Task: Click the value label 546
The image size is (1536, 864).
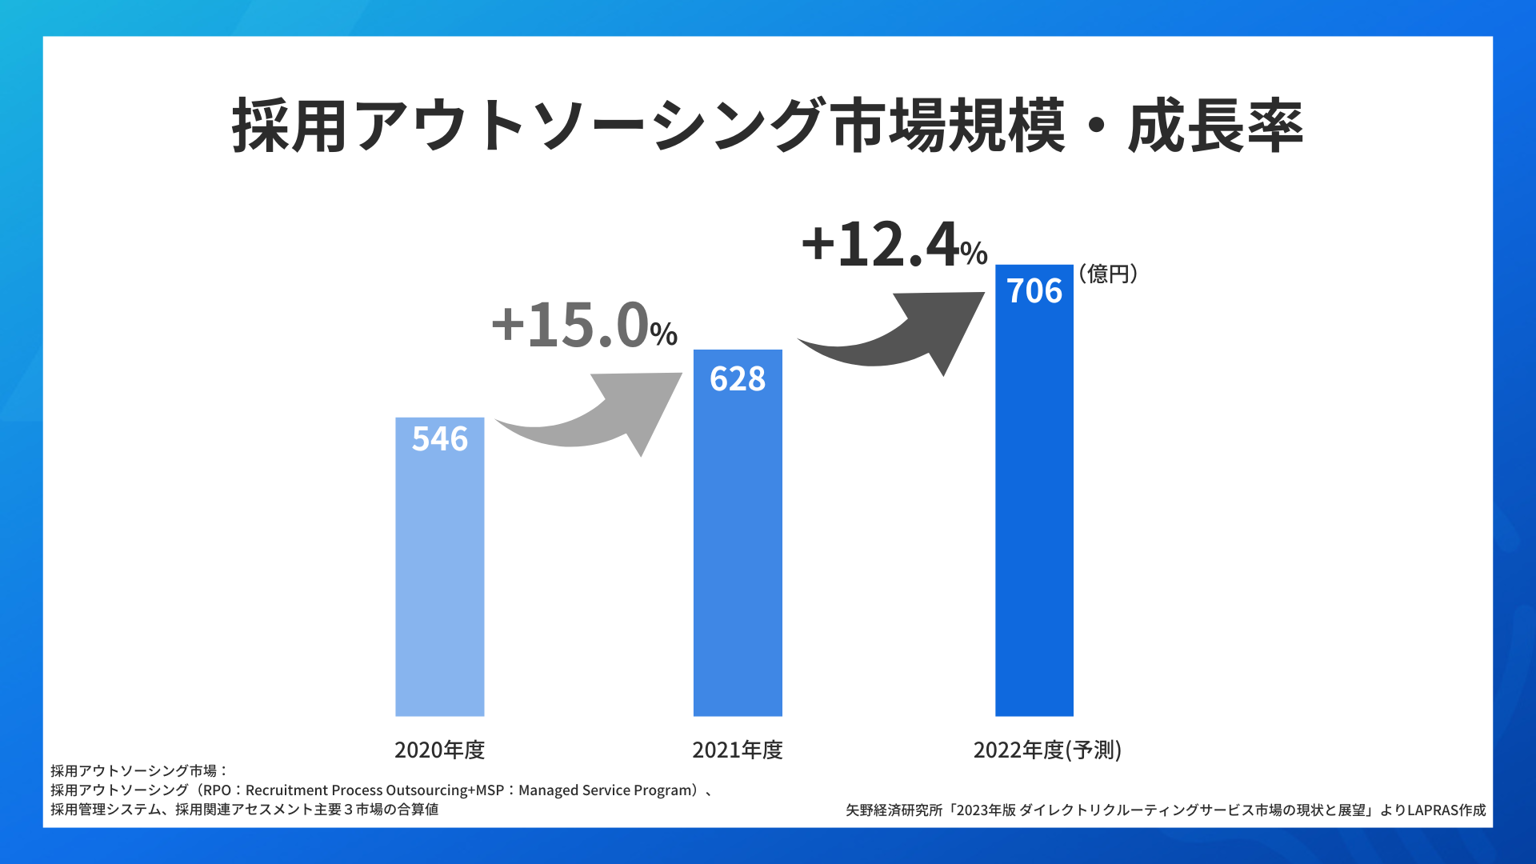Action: (439, 439)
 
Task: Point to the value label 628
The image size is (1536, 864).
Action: (737, 379)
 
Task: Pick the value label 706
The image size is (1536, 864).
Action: (1034, 291)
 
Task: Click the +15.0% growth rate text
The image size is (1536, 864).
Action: (584, 326)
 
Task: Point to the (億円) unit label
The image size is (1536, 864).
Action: (1108, 274)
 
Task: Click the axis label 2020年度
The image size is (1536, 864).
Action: (439, 750)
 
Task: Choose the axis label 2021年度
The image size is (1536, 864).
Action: (737, 750)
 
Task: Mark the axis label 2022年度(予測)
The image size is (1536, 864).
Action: (1047, 750)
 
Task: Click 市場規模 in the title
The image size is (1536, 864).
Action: (949, 126)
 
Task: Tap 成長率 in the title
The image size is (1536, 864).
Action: (1216, 126)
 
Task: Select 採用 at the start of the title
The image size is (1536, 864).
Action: (290, 126)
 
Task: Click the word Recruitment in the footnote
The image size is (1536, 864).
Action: (286, 790)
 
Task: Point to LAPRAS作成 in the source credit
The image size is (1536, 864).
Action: (1446, 810)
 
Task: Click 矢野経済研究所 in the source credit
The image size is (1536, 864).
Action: (894, 810)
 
